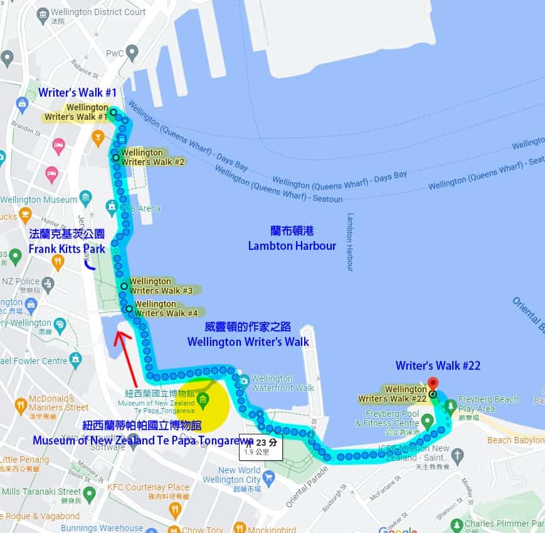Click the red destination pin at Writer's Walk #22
click(x=432, y=383)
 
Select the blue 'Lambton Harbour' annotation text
click(x=292, y=245)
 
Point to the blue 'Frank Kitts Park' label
click(x=67, y=249)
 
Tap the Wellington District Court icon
click(x=43, y=14)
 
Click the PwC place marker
click(x=132, y=53)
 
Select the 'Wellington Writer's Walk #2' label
click(x=153, y=157)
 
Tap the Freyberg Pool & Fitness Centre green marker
click(x=427, y=419)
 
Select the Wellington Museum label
click(x=30, y=200)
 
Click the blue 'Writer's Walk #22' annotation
click(x=438, y=365)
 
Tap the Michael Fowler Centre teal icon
click(x=77, y=360)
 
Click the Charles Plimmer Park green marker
click(x=457, y=524)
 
